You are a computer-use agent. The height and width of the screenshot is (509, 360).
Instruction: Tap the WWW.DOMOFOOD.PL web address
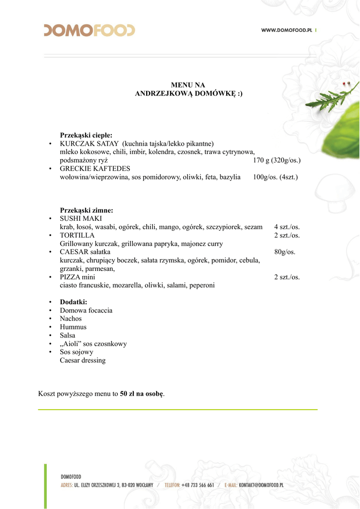point(286,30)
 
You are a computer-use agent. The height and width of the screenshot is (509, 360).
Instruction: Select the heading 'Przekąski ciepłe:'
point(86,135)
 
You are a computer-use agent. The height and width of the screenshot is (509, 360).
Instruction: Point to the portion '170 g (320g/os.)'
point(276,160)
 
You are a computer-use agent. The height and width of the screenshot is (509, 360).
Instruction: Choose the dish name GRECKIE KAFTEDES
point(95,169)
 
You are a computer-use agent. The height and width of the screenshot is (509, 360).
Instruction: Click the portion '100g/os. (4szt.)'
point(275,177)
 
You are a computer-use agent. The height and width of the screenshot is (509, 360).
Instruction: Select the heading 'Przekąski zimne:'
point(87,210)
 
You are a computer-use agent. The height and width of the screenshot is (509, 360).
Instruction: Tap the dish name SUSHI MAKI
point(81,219)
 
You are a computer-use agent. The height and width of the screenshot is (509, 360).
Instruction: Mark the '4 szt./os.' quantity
point(287,227)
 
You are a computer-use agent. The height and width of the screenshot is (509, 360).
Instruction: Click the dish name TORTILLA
point(77,236)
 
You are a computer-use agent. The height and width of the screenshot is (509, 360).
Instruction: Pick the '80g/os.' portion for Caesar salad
point(285,252)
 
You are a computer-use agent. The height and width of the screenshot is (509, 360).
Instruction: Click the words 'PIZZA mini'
point(78,277)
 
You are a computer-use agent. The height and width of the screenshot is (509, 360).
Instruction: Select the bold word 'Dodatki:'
point(74,302)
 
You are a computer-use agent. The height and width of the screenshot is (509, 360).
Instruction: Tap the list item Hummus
point(73,327)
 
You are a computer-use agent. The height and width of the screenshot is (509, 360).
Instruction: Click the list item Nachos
point(71,319)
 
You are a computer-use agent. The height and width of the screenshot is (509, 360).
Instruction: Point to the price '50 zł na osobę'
point(142,394)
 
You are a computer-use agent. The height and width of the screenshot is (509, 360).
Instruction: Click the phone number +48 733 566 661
point(198,485)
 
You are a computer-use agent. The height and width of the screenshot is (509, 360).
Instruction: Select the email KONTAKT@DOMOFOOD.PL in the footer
point(261,485)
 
